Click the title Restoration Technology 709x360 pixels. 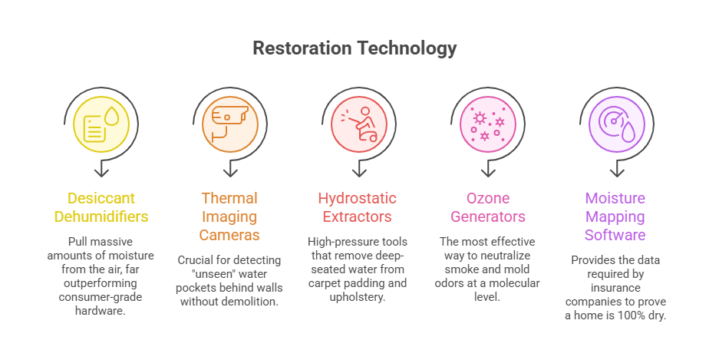[x=354, y=48]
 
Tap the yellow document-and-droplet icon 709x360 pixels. [x=101, y=122]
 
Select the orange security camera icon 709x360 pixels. [x=228, y=122]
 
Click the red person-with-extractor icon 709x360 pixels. [x=355, y=122]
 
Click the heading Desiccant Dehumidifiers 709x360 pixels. [x=101, y=208]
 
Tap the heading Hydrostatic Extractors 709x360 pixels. [x=355, y=208]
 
